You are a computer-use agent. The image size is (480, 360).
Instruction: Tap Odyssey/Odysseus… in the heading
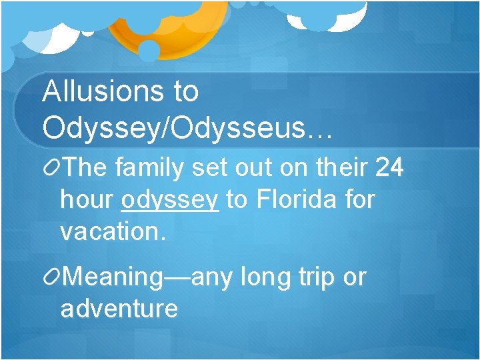click(187, 126)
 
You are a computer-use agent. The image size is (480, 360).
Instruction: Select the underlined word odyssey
click(171, 199)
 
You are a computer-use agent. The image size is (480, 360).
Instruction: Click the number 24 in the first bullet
click(389, 167)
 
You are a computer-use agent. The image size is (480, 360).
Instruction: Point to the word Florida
click(297, 199)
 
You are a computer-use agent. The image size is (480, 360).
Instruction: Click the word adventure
click(119, 309)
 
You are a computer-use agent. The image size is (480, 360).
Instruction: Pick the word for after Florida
click(361, 199)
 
